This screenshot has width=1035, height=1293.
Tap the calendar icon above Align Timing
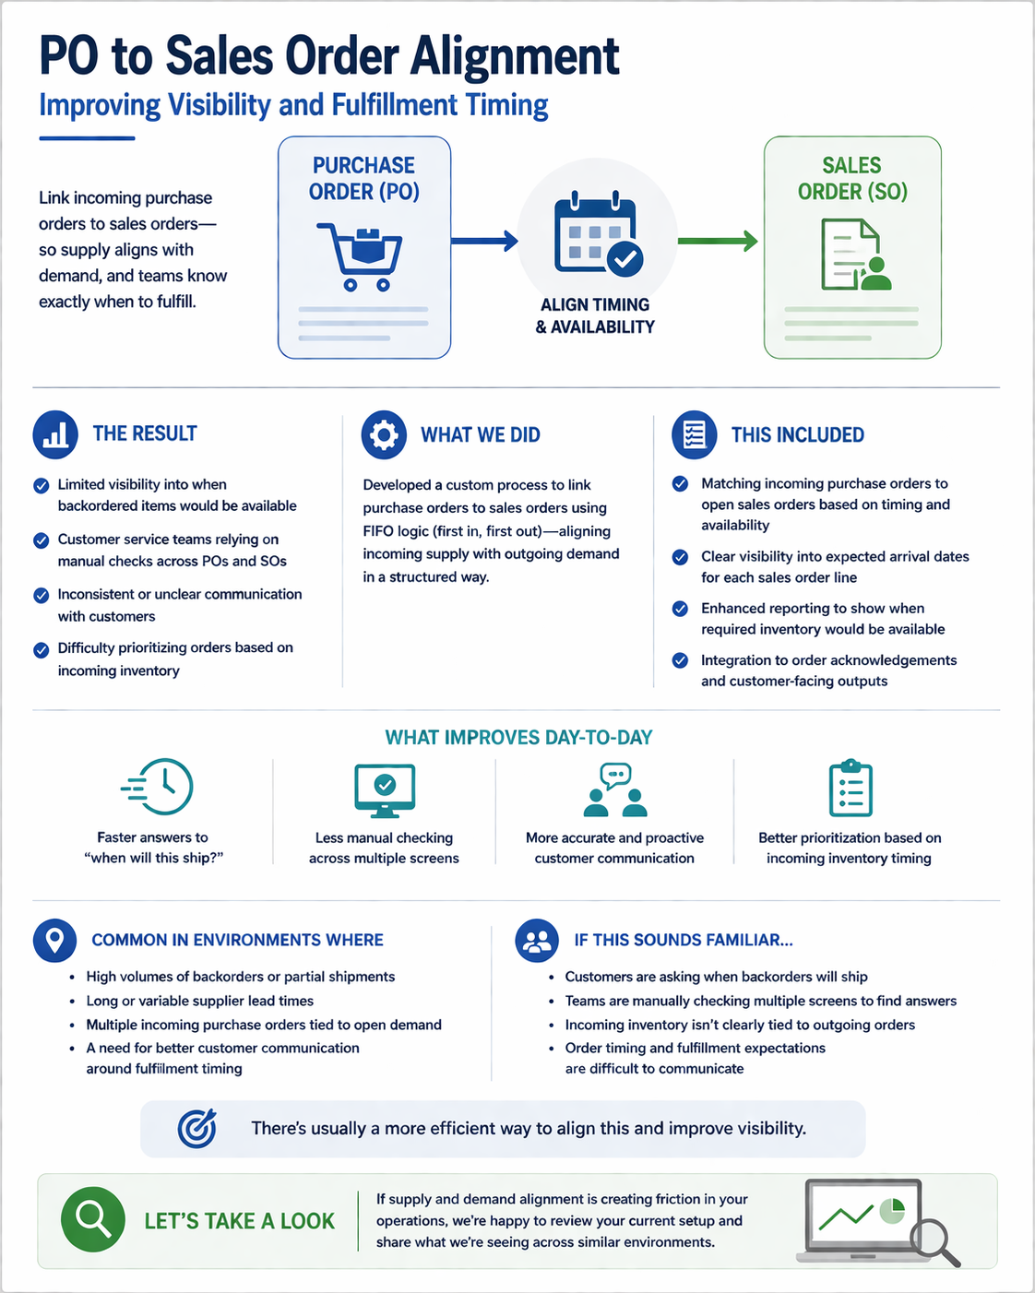598,233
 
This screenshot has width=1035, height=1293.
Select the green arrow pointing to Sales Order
718,241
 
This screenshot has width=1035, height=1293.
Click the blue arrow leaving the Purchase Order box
484,241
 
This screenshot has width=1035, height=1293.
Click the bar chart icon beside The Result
55,434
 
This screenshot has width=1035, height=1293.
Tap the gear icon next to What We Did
384,434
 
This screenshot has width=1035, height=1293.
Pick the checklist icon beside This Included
695,434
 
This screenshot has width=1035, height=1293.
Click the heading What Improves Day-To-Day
518,737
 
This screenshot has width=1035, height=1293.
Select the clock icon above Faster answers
158,787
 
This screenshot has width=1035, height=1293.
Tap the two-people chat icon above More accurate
615,789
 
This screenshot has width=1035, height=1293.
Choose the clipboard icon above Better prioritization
851,788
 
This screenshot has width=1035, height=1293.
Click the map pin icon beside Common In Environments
54,941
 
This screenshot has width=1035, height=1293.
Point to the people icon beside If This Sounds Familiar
537,941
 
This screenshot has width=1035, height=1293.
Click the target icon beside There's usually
197,1128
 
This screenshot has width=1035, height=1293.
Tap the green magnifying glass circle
93,1220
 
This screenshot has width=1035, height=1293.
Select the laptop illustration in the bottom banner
870,1221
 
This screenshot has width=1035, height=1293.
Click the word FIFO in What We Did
378,531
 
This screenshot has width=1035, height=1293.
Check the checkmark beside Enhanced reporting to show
680,609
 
